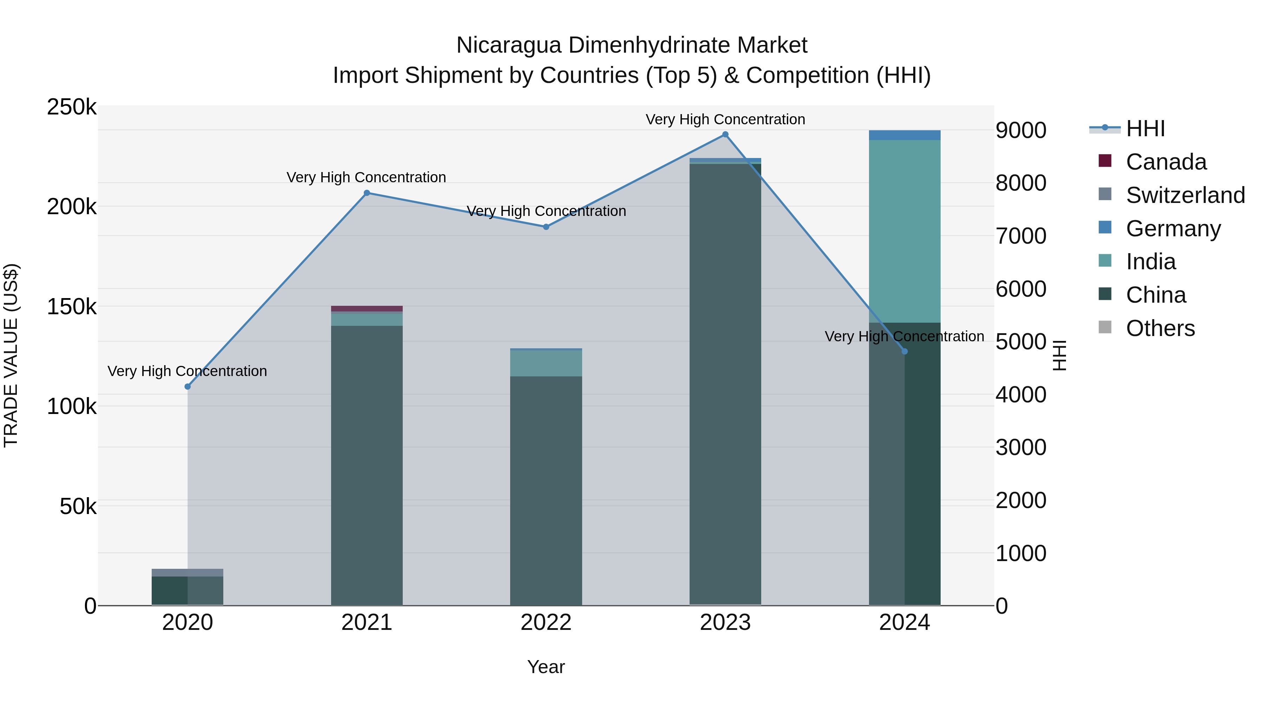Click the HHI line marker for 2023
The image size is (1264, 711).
(725, 134)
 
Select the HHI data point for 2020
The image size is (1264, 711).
(187, 387)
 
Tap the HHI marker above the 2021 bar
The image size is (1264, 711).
(367, 193)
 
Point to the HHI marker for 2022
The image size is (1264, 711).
(546, 227)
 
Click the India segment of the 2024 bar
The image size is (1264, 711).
(904, 231)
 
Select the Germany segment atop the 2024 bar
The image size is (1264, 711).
(904, 135)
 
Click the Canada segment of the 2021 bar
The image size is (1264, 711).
(367, 309)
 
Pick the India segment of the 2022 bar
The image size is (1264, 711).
(546, 363)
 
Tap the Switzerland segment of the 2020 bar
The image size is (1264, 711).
(187, 573)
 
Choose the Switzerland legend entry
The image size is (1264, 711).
(1185, 195)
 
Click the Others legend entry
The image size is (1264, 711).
(1160, 328)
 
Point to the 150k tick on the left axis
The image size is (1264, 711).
(72, 307)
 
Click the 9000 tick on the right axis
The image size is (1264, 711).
(1021, 131)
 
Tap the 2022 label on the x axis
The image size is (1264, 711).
(546, 623)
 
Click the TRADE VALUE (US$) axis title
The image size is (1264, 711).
(11, 355)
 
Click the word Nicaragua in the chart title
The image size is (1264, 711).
(508, 46)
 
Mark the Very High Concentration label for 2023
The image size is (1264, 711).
(725, 119)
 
